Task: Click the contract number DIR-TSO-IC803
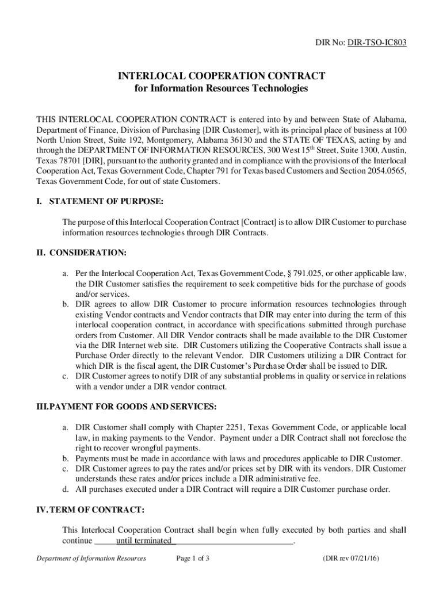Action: (x=377, y=42)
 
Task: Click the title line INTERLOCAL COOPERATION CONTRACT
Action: (x=221, y=76)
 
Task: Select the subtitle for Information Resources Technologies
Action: (x=221, y=89)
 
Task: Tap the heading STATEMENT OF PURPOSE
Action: (x=106, y=201)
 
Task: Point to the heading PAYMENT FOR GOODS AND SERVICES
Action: (x=133, y=407)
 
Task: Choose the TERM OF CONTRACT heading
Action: (x=96, y=510)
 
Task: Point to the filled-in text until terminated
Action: (x=144, y=541)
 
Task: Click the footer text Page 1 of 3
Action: (x=193, y=558)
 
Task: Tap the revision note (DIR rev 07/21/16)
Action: (x=351, y=558)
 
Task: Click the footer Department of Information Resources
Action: (x=91, y=558)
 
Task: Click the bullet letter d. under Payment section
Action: (x=66, y=489)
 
